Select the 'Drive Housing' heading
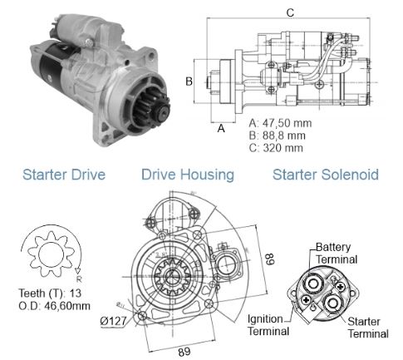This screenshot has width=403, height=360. pyautogui.click(x=187, y=175)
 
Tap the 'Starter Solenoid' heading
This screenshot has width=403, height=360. pyautogui.click(x=325, y=175)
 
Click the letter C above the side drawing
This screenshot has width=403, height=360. pyautogui.click(x=289, y=12)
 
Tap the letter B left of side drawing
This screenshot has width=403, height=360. pyautogui.click(x=189, y=81)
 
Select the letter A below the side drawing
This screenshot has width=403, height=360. pyautogui.click(x=221, y=129)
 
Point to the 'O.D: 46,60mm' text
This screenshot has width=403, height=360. pyautogui.click(x=55, y=306)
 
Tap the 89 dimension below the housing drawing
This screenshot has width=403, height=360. pyautogui.click(x=184, y=352)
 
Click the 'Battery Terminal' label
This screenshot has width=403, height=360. pyautogui.click(x=337, y=254)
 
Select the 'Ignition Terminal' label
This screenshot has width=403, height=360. pyautogui.click(x=268, y=325)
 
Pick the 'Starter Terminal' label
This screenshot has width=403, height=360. pyautogui.click(x=367, y=327)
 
